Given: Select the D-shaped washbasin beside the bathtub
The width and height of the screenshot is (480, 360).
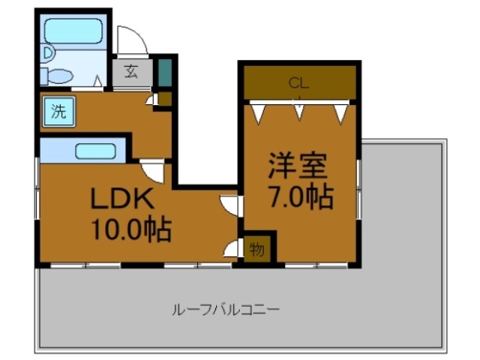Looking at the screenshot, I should pos(48,52).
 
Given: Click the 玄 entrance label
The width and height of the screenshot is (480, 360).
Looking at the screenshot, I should pos(132,72).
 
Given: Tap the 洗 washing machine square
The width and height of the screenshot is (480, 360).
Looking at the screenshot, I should pos(58,112).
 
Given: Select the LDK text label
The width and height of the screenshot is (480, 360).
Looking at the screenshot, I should pos(123,199).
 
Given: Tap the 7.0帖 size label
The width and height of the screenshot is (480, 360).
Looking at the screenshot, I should pos(300,197).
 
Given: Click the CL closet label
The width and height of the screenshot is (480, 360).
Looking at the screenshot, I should pos(299,82).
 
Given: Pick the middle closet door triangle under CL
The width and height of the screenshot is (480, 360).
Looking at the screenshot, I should pos(300,110).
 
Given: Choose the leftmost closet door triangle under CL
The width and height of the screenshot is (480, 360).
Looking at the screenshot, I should pos(259,112).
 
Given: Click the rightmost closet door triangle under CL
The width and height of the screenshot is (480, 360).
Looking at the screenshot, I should pos(342,112).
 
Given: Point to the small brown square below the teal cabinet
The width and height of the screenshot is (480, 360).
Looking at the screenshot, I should pos(165,97).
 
